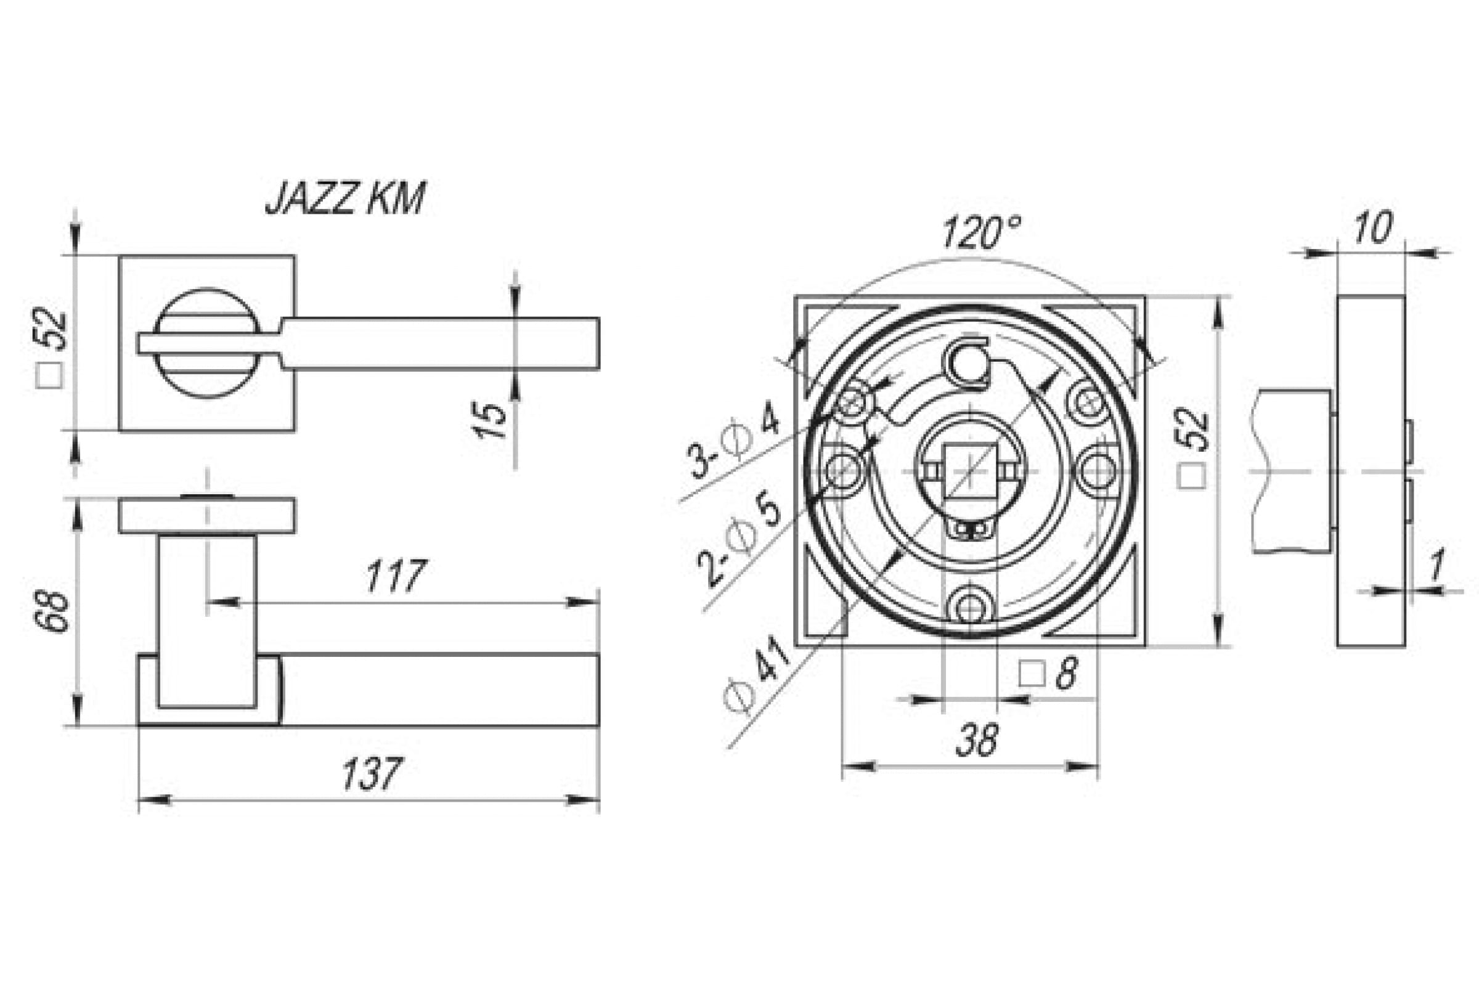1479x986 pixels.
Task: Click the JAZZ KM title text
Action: (x=345, y=198)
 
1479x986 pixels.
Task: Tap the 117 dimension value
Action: (x=396, y=576)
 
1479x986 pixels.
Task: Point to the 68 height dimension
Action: (x=52, y=611)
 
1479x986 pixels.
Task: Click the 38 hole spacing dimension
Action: (x=977, y=739)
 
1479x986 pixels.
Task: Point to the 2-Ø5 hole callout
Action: (x=739, y=537)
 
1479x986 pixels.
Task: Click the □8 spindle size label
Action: (x=1048, y=673)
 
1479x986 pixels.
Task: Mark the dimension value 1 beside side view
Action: (x=1436, y=564)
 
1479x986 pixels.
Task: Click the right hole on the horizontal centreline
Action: (x=1098, y=471)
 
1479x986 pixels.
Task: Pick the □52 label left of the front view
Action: (x=51, y=348)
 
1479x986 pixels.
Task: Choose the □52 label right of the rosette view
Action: (x=1192, y=449)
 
